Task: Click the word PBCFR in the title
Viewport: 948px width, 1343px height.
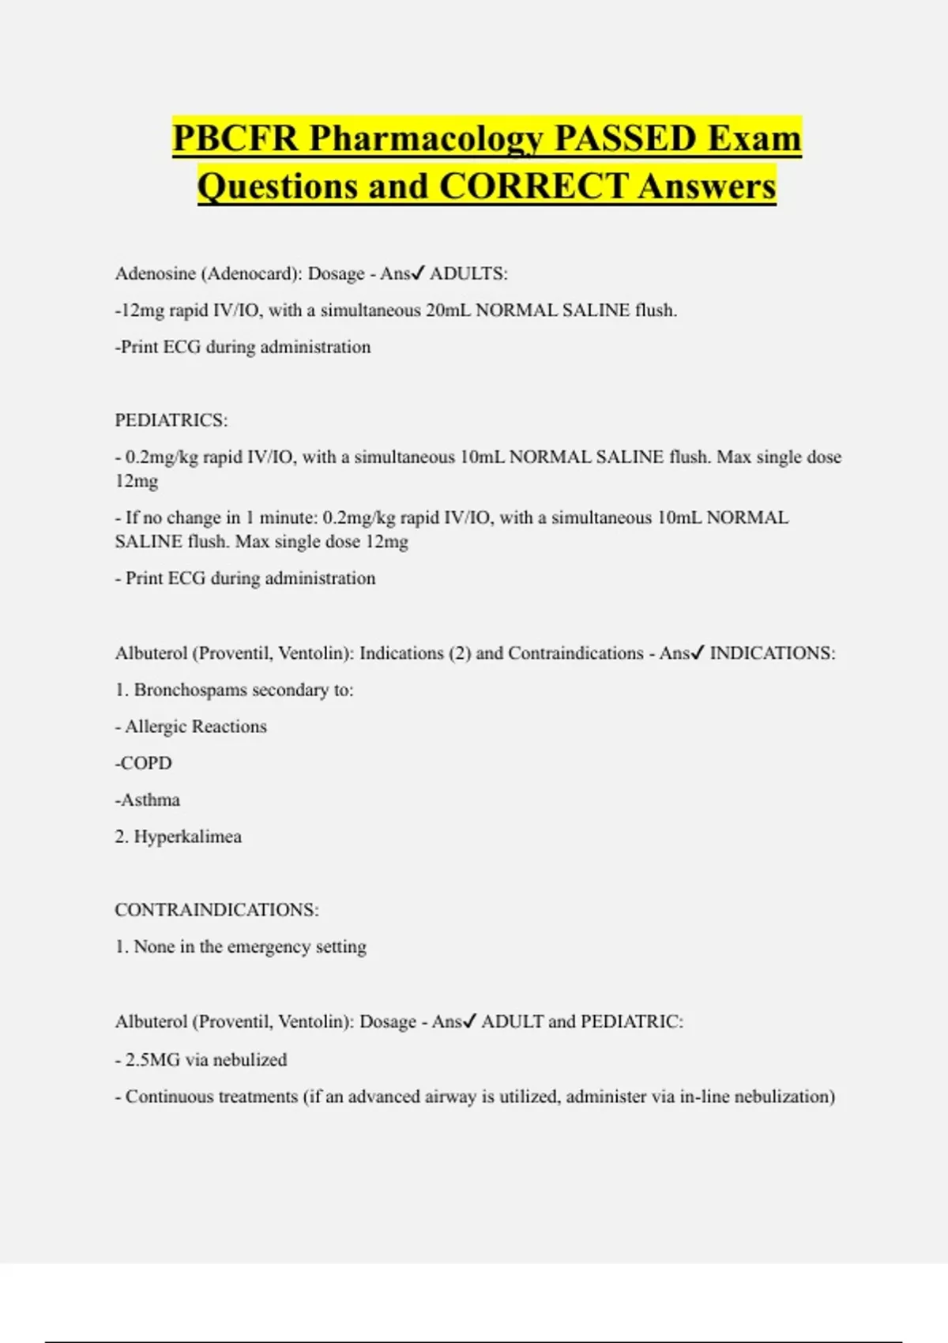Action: pyautogui.click(x=235, y=138)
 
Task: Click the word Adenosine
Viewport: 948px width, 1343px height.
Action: pyautogui.click(x=155, y=273)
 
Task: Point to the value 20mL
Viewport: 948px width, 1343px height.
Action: pyautogui.click(x=448, y=310)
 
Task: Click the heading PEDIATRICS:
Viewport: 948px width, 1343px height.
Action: pyautogui.click(x=171, y=420)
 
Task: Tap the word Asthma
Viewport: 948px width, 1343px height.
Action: pyautogui.click(x=149, y=799)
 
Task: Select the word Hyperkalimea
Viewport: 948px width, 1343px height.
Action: pyautogui.click(x=187, y=837)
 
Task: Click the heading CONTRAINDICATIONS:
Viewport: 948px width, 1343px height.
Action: pyautogui.click(x=216, y=910)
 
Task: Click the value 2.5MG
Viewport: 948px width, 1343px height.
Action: pyautogui.click(x=152, y=1059)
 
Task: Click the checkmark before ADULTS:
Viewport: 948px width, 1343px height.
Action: pyautogui.click(x=418, y=273)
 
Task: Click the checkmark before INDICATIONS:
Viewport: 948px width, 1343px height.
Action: pyautogui.click(x=698, y=653)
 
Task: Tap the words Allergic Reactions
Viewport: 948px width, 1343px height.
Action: pyautogui.click(x=196, y=727)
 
